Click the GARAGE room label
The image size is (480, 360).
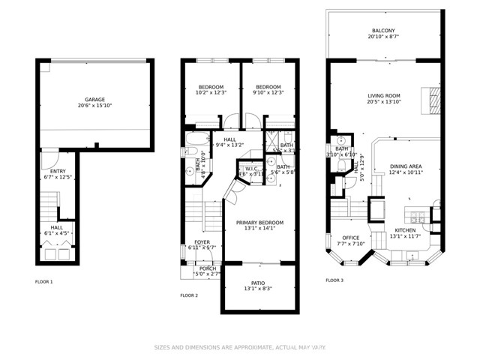coord(94,99)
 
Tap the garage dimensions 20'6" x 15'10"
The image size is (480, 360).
coord(94,106)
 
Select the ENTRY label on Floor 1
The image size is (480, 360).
coord(47,171)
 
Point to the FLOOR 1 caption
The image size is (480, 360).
coord(44,281)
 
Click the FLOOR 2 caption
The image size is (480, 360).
coord(189,295)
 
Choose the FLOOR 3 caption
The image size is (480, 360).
coord(334,280)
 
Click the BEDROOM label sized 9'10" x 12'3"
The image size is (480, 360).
coord(267,86)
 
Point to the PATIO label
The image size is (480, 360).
coord(257,283)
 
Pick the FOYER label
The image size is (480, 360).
coord(202,241)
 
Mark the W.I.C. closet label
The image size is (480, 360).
coord(250,169)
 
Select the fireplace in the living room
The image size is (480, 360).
coord(430,97)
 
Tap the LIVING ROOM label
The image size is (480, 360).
coord(382,95)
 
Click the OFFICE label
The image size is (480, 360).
coord(350,238)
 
